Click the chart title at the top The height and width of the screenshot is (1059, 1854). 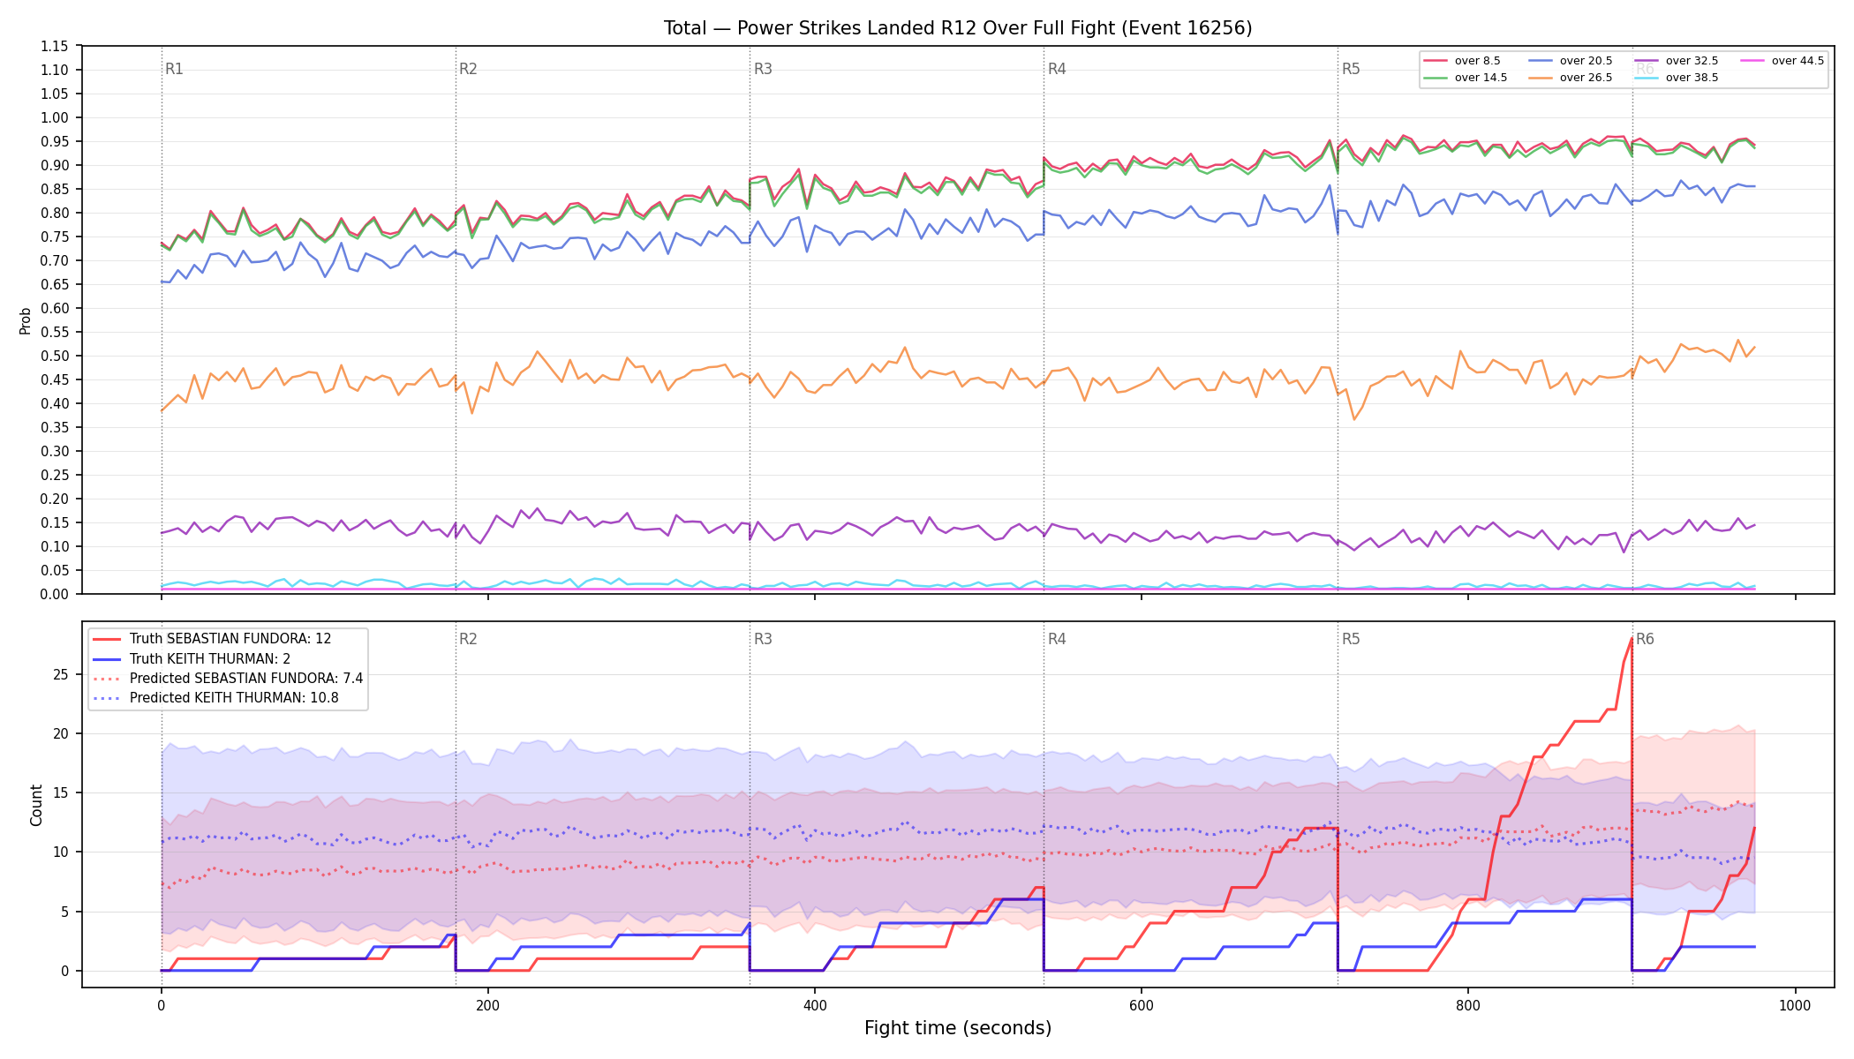[x=958, y=28]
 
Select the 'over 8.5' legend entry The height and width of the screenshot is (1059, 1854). [x=1462, y=61]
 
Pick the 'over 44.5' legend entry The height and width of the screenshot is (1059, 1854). [x=1782, y=61]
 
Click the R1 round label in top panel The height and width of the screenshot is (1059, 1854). [x=174, y=69]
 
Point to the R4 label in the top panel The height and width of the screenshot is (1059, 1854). [x=1057, y=69]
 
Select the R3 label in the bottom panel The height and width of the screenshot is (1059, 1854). [x=763, y=639]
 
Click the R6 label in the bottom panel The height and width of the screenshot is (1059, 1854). [x=1645, y=639]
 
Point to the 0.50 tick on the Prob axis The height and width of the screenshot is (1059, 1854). [x=56, y=356]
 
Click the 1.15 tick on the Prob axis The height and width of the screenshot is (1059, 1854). [x=56, y=46]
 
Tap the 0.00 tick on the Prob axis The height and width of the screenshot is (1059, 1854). [x=56, y=594]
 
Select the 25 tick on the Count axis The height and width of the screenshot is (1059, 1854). [x=61, y=674]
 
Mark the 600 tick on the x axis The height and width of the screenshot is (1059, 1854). [x=1142, y=1005]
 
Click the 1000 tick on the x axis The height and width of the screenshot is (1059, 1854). [x=1795, y=1005]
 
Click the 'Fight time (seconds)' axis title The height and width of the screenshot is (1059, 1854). [x=958, y=1028]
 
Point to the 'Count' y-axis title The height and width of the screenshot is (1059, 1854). [x=36, y=805]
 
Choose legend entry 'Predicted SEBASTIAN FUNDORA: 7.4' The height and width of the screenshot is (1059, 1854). [x=228, y=678]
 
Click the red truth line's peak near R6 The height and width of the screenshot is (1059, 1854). [x=1632, y=638]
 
